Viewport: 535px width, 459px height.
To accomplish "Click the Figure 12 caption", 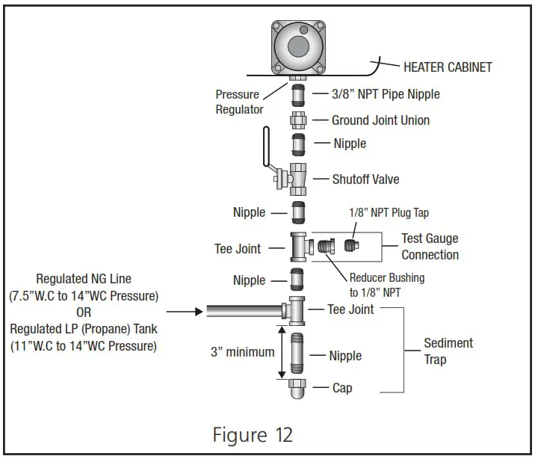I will point(253,433).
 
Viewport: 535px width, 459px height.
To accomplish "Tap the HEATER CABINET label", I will point(448,67).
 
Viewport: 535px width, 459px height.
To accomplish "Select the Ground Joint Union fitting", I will point(298,120).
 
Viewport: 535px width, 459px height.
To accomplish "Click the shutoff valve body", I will point(297,179).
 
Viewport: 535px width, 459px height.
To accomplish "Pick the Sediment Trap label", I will point(448,351).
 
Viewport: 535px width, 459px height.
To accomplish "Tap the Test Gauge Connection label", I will point(430,247).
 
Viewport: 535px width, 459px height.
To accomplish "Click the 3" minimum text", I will point(242,351).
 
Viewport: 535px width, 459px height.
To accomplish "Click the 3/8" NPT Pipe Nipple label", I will point(385,94).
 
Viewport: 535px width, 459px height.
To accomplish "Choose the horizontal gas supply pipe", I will point(243,309).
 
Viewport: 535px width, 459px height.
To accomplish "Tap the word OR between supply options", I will point(84,311).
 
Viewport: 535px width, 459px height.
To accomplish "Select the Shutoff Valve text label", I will point(365,179).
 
